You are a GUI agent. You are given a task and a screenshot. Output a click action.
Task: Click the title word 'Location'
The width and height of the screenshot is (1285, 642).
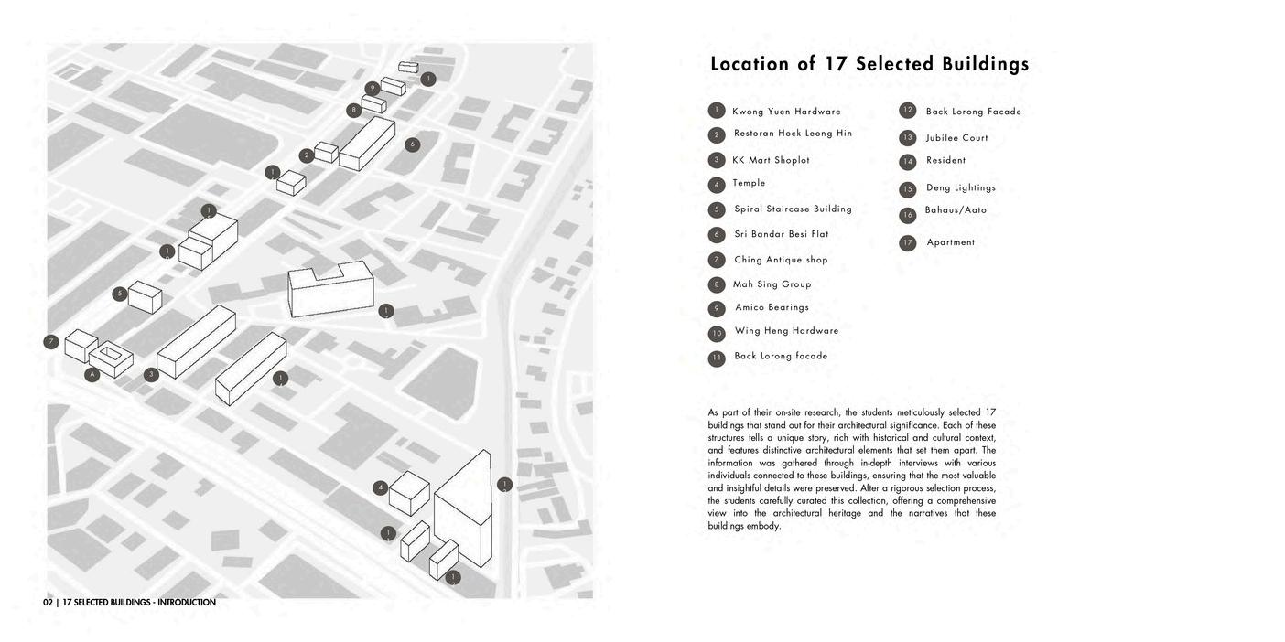tap(749, 64)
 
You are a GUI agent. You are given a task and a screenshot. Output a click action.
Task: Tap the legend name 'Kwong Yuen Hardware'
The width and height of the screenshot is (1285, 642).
tap(786, 112)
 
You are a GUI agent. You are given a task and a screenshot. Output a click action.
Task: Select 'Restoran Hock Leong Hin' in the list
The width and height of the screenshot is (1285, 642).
tap(793, 134)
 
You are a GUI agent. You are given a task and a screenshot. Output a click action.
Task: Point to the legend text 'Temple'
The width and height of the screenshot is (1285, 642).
tap(749, 183)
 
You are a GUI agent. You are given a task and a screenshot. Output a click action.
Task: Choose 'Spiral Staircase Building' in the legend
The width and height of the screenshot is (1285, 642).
tap(793, 209)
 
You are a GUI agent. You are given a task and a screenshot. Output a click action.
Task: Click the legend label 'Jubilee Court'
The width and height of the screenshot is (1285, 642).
tap(956, 138)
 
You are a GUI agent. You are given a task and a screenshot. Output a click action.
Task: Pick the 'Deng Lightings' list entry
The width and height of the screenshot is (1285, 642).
tap(960, 188)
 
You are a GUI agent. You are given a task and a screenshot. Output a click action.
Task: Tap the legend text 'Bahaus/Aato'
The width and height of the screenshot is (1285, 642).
tap(956, 210)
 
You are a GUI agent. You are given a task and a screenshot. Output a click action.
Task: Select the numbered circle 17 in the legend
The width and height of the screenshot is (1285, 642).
tap(907, 243)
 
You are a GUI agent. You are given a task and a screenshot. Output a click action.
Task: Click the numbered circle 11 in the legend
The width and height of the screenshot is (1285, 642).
tap(717, 358)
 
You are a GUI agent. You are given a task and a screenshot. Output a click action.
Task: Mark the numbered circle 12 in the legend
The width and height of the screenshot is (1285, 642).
tap(907, 111)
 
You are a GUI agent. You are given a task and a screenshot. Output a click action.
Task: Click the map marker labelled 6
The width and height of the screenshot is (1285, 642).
tap(412, 144)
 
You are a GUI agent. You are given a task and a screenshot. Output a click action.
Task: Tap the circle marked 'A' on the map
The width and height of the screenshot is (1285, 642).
tap(92, 374)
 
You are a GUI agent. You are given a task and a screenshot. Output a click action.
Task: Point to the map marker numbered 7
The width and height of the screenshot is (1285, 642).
tap(51, 342)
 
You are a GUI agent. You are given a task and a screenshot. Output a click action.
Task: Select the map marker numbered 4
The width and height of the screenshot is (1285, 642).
tap(380, 487)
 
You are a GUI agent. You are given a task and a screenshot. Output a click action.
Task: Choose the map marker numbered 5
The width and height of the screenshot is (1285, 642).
tap(120, 294)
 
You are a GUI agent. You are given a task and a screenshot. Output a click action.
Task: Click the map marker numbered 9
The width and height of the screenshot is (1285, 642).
tap(372, 89)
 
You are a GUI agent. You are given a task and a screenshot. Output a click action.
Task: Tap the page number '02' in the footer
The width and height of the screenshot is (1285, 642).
tap(48, 603)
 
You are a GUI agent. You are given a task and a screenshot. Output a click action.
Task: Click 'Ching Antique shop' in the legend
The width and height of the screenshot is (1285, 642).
tap(781, 261)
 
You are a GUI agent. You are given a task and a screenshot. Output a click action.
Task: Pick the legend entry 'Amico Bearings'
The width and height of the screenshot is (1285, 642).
tap(772, 308)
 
